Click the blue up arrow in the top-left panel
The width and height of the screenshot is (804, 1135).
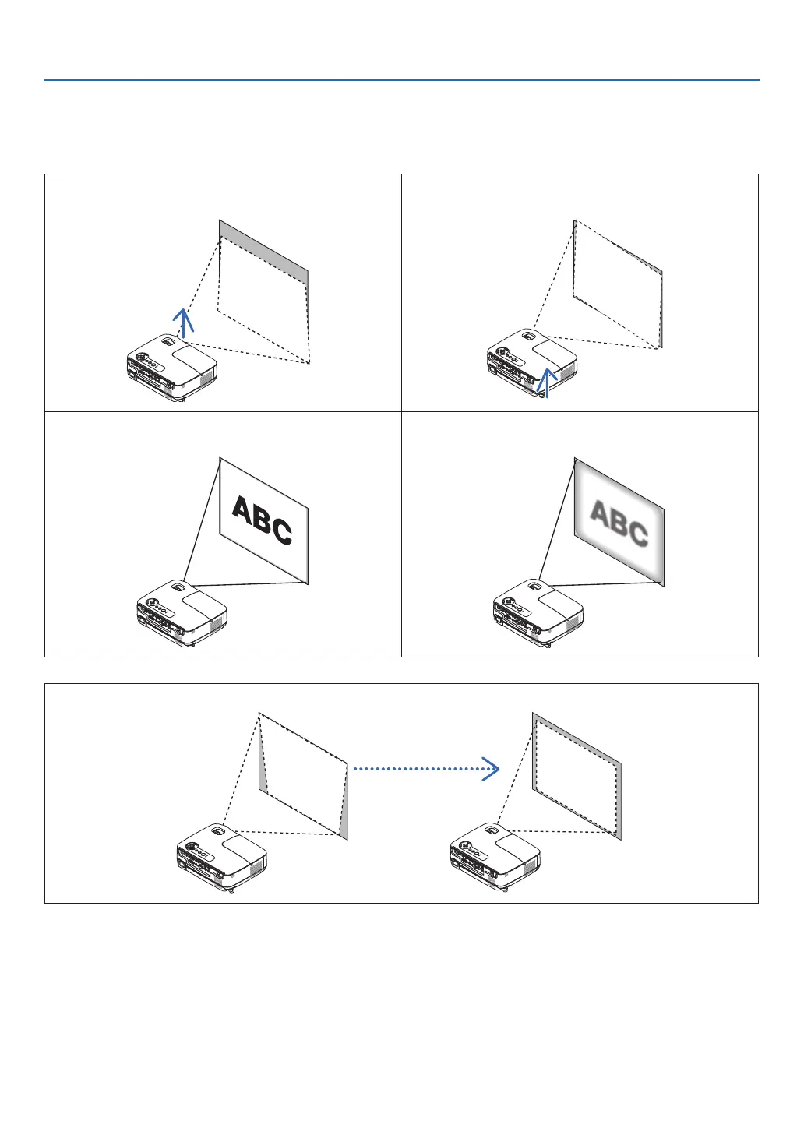click(x=182, y=321)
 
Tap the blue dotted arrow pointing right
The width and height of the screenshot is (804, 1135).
click(x=426, y=769)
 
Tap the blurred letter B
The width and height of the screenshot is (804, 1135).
click(x=619, y=523)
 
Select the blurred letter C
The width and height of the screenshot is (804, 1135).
click(x=637, y=533)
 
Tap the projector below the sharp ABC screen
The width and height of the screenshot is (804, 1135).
click(x=181, y=612)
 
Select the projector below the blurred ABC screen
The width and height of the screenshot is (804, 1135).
click(x=538, y=612)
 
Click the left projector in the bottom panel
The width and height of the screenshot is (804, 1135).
click(x=221, y=857)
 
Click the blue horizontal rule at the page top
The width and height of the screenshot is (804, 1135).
click(x=401, y=80)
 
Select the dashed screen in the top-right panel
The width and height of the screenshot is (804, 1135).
click(x=618, y=284)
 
